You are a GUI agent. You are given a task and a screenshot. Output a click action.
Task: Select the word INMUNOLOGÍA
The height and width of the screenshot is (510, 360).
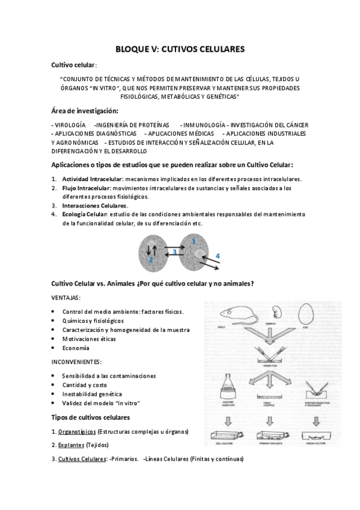204,124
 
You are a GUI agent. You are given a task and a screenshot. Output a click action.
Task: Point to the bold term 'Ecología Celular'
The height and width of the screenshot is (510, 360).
84,214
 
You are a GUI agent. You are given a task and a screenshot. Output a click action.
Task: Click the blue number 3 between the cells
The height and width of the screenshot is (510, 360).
174,251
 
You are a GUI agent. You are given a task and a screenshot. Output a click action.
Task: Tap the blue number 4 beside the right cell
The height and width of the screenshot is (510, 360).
217,256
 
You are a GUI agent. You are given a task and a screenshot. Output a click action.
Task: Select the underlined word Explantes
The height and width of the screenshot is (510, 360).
70,445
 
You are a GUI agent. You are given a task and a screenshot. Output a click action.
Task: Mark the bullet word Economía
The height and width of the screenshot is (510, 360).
76,348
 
